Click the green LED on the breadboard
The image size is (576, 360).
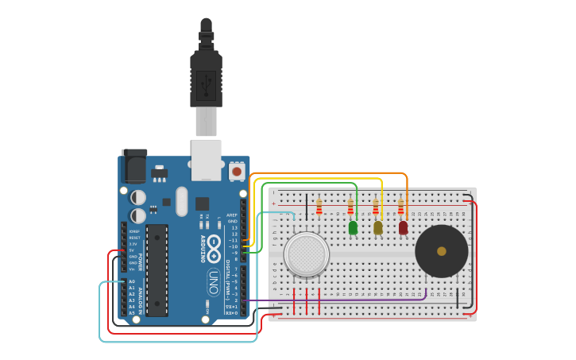click(353, 228)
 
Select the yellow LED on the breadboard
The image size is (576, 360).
click(378, 228)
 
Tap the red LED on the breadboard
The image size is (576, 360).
click(403, 228)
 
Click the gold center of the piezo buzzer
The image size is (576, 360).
click(442, 251)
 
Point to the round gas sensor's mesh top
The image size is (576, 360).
click(306, 254)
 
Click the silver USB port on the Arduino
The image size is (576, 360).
click(206, 158)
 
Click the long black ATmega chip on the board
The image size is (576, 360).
click(157, 269)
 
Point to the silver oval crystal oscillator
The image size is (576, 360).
click(181, 201)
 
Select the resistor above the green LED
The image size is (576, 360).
click(350, 207)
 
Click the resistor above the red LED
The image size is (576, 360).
click(400, 207)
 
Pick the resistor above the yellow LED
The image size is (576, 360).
click(376, 207)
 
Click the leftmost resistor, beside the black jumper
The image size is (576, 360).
click(319, 207)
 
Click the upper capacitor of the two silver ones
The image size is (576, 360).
click(138, 196)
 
